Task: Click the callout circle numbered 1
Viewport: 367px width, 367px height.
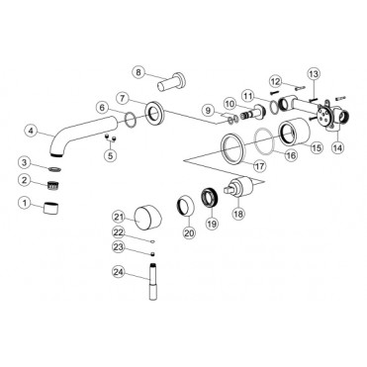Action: pyautogui.click(x=25, y=203)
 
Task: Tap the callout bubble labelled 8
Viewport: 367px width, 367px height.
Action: pyautogui.click(x=138, y=72)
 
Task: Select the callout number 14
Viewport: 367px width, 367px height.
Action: pyautogui.click(x=337, y=147)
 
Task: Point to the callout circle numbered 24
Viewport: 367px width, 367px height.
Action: pyautogui.click(x=119, y=272)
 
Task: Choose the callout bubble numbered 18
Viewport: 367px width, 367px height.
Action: pyautogui.click(x=238, y=214)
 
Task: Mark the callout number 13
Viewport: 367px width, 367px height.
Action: pyautogui.click(x=314, y=73)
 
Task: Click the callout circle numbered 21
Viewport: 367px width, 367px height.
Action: pyautogui.click(x=119, y=217)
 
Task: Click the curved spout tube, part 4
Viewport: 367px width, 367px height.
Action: pyautogui.click(x=82, y=132)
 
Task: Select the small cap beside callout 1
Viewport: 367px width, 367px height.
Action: pyautogui.click(x=51, y=208)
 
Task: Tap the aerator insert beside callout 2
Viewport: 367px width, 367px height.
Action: pyautogui.click(x=53, y=185)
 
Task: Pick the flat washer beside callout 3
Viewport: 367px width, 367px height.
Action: pyautogui.click(x=54, y=169)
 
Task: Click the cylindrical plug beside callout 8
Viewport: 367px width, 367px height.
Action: pyautogui.click(x=171, y=82)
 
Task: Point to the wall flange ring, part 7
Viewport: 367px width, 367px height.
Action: pyautogui.click(x=154, y=113)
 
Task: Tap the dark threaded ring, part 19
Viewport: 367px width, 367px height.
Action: pyautogui.click(x=209, y=197)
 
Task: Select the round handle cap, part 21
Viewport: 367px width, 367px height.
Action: pyautogui.click(x=147, y=217)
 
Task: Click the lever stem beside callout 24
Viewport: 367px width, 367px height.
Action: pyautogui.click(x=153, y=281)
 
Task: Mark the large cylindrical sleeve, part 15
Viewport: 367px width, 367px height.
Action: pyautogui.click(x=295, y=132)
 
